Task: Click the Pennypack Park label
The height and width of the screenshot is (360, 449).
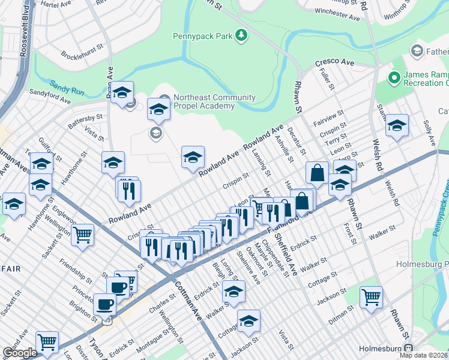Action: coord(202,36)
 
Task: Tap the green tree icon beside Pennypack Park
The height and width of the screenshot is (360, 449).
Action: coord(241,36)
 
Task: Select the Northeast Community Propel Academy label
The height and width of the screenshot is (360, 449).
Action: coord(203,101)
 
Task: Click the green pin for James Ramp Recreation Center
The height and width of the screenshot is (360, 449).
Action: coord(394,78)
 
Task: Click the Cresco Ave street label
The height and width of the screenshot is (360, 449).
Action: coord(335,62)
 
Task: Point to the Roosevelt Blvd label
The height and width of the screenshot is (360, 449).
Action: coord(25,30)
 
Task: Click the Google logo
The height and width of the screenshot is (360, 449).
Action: coord(20,353)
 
